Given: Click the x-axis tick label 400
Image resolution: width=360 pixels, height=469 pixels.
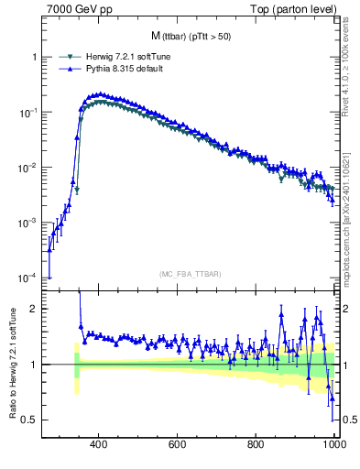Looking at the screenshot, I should [100, 448].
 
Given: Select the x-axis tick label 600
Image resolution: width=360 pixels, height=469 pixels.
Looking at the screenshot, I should [179, 448].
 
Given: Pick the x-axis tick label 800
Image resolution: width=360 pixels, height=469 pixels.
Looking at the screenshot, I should [257, 448].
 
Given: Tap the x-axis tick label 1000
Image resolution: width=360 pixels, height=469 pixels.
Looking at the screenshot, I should [333, 448].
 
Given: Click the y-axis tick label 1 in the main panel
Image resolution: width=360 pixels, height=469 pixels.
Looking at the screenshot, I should [34, 57].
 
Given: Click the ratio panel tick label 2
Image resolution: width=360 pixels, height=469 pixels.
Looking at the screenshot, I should [34, 309].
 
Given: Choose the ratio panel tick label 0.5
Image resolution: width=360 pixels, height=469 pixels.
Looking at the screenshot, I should [30, 420].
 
